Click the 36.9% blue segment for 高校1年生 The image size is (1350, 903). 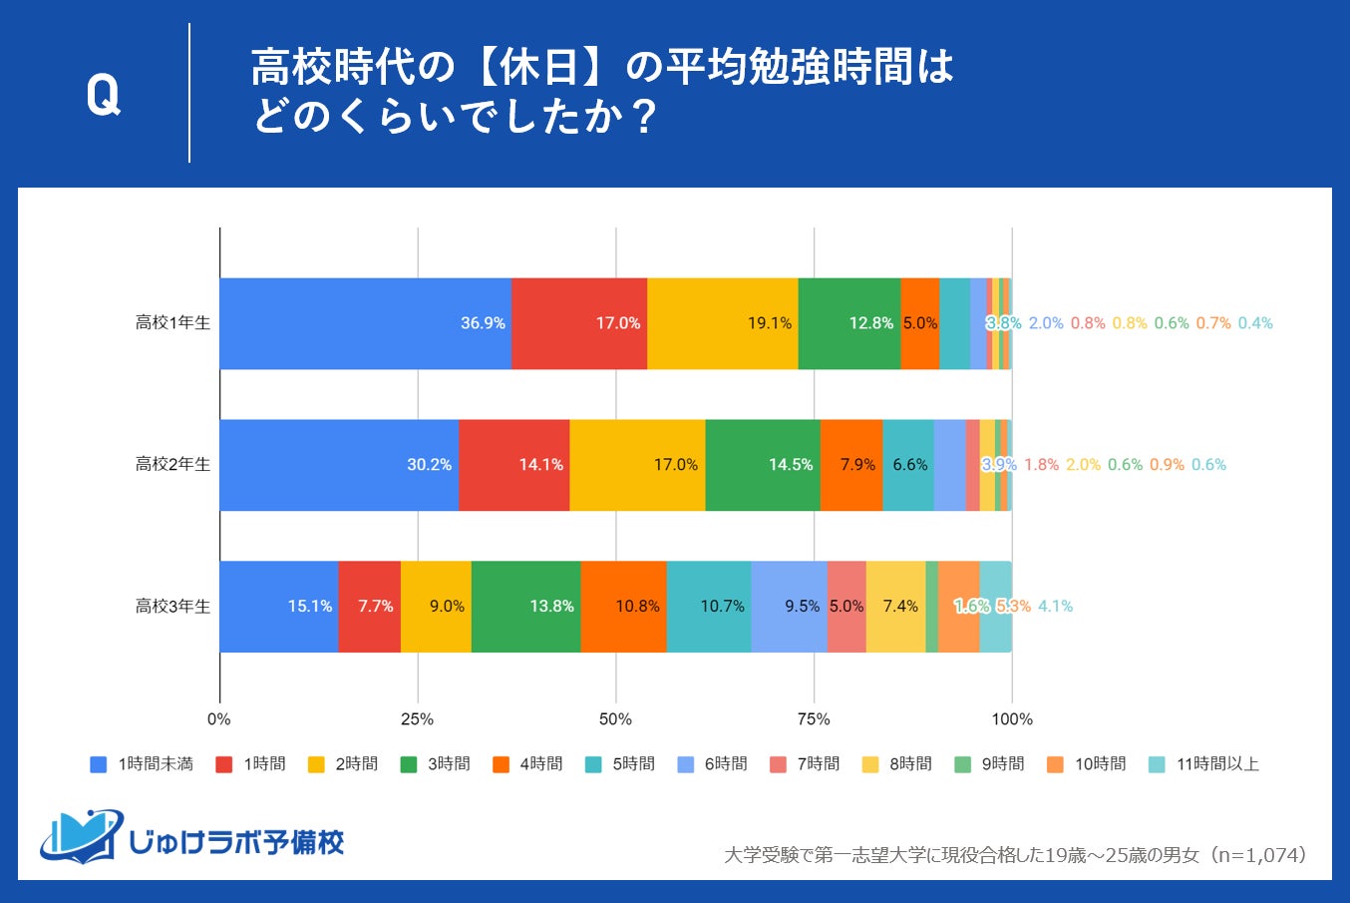tap(365, 323)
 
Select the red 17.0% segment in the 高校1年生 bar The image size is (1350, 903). tap(579, 323)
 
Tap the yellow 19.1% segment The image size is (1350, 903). tap(723, 323)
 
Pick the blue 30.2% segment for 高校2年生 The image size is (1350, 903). tap(339, 465)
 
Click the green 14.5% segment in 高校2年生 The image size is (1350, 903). tap(763, 465)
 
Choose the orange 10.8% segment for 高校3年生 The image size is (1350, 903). tap(623, 607)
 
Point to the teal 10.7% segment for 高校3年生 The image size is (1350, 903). tap(709, 607)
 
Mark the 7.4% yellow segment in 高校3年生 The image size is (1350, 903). tap(895, 607)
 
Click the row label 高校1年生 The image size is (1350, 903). tap(172, 323)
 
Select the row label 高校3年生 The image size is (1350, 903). tap(172, 607)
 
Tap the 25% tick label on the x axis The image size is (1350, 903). tap(417, 719)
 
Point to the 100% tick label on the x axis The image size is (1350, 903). tap(1012, 719)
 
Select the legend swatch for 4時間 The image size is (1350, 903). tap(502, 764)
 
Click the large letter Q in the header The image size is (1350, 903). tap(104, 96)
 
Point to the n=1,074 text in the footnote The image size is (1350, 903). tap(1259, 855)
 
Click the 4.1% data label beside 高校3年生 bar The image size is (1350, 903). tap(1055, 607)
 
